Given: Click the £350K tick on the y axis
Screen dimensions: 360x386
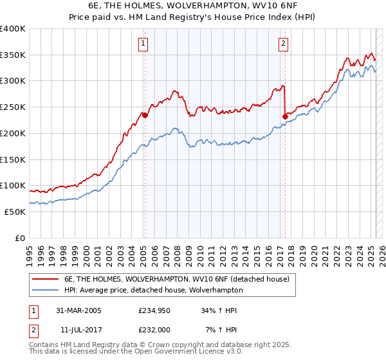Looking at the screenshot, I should point(13,55).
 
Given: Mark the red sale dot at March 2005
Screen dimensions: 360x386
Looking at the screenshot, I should point(145,116).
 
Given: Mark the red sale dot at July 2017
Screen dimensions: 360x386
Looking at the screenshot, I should point(285,116).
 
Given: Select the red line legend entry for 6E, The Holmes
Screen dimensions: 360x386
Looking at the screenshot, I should point(180,279).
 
